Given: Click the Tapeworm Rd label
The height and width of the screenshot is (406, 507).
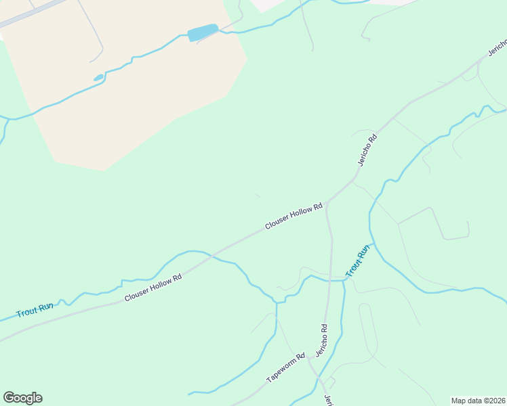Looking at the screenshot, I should (286, 368).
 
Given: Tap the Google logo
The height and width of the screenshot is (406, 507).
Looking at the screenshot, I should (22, 398).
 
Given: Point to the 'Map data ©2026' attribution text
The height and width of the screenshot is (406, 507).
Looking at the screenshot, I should (478, 401).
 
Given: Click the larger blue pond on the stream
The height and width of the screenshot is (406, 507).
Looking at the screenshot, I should (203, 32).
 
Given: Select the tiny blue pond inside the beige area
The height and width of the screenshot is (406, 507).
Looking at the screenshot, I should (99, 78).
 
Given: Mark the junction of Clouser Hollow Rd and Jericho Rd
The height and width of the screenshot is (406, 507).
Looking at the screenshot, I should (327, 202).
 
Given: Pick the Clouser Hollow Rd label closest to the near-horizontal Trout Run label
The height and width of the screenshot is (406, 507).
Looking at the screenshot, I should (153, 288).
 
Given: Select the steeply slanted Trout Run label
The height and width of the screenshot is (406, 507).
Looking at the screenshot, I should (358, 261).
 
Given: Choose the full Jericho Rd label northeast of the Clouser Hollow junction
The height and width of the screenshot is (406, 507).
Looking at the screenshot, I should (367, 150).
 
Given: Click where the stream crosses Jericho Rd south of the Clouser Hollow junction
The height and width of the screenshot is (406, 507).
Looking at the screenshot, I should (331, 279).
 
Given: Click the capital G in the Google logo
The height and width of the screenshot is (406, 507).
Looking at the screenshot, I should (9, 398).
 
